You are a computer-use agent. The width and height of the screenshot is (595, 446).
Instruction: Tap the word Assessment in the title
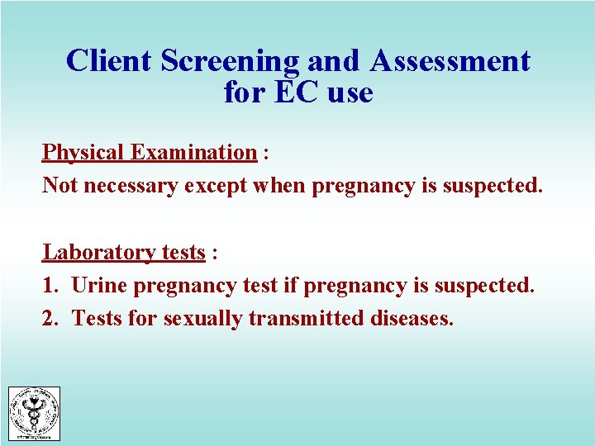tap(450, 61)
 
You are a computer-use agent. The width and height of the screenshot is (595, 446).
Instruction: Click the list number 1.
tap(50, 286)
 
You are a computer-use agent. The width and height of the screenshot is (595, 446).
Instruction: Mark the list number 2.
tap(50, 318)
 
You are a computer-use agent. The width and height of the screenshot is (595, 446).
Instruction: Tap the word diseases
tap(410, 318)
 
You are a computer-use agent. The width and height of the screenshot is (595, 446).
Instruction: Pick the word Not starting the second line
tap(59, 185)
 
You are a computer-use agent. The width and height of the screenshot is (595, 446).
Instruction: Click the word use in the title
tap(350, 93)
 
